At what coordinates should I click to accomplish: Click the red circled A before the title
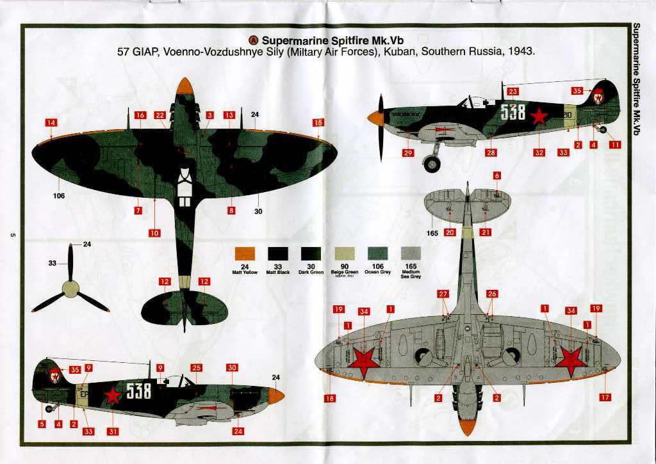[253, 38]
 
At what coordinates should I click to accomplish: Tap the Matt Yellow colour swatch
[244, 254]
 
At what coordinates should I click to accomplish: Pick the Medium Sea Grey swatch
[410, 254]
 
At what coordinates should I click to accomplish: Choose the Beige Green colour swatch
[344, 254]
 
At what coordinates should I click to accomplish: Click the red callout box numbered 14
[51, 122]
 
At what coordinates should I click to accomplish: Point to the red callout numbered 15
[318, 122]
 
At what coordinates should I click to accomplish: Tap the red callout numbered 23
[512, 92]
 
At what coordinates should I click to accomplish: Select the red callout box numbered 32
[539, 152]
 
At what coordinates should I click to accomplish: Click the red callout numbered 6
[497, 175]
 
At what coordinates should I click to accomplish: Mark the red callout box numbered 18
[330, 398]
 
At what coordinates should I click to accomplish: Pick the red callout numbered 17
[605, 397]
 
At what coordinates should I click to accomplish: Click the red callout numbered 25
[196, 368]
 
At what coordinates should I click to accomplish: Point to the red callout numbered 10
[154, 233]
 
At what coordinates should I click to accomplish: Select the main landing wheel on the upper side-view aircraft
[432, 164]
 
